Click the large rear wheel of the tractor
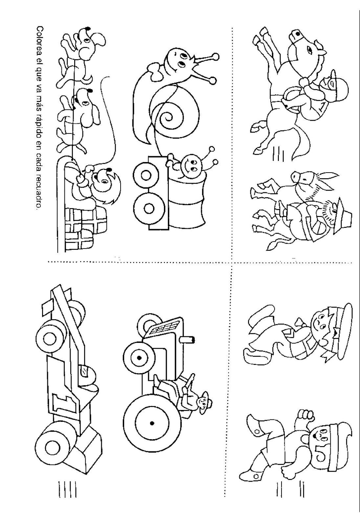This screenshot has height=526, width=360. click(x=153, y=423)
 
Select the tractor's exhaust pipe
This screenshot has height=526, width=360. click(x=188, y=339)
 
